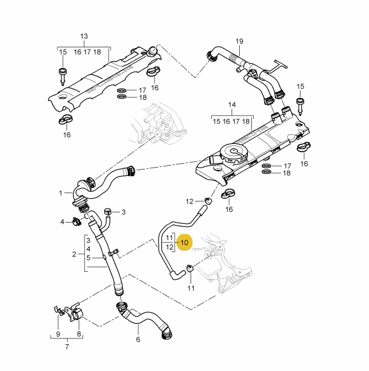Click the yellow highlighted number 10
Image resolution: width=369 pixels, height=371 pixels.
tap(184, 242)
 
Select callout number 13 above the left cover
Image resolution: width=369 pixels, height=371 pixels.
tap(84, 36)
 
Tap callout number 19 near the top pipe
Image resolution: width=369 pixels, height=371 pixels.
tap(239, 41)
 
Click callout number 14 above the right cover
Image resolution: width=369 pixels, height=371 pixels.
tap(232, 104)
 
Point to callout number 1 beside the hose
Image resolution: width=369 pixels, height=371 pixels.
tap(61, 193)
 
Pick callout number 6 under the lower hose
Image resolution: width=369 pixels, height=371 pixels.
tap(138, 340)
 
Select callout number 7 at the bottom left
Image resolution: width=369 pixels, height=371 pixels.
tap(67, 347)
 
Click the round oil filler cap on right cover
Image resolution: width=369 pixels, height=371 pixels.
tap(233, 154)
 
